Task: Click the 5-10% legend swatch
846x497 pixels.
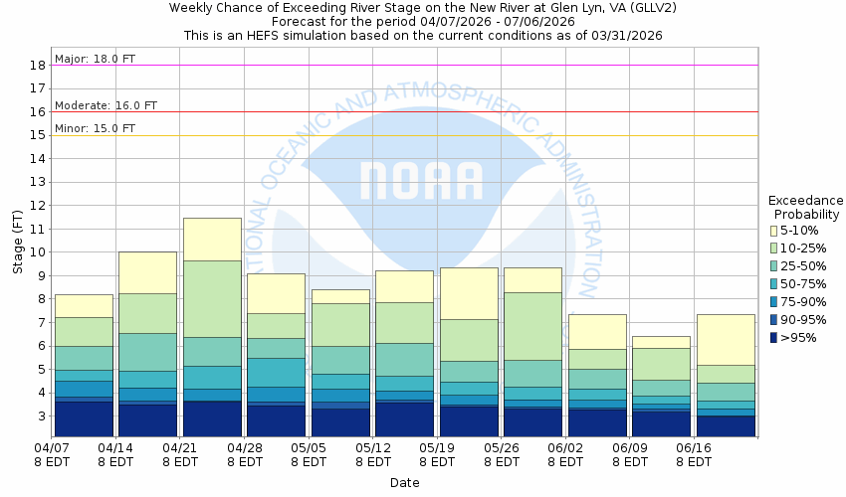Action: pyautogui.click(x=773, y=232)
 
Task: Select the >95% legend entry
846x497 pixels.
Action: pyautogui.click(x=773, y=337)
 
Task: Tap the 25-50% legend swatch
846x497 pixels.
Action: pyautogui.click(x=773, y=266)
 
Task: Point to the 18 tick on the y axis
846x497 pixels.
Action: pyautogui.click(x=37, y=66)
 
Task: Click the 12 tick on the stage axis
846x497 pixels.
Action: pyautogui.click(x=37, y=206)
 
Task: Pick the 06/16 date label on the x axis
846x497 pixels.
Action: pyautogui.click(x=693, y=448)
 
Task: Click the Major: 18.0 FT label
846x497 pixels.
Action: pyautogui.click(x=96, y=59)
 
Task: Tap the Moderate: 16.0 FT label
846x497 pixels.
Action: pyautogui.click(x=106, y=105)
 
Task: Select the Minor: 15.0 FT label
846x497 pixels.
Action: pyautogui.click(x=95, y=128)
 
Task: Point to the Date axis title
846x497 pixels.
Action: pyautogui.click(x=404, y=483)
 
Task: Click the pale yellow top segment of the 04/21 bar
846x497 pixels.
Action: pyautogui.click(x=212, y=239)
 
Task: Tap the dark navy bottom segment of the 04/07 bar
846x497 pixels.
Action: pyautogui.click(x=84, y=418)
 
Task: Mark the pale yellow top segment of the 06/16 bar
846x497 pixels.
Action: pyautogui.click(x=725, y=339)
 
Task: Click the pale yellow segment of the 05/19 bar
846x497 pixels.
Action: pyautogui.click(x=469, y=293)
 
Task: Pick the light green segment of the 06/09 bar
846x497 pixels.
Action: pyautogui.click(x=661, y=363)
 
